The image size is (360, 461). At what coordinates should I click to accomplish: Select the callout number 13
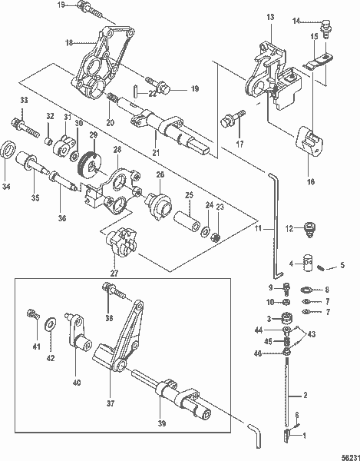click(270, 16)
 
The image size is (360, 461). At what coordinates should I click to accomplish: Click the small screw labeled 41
click(31, 313)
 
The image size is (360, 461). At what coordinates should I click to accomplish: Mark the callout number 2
click(305, 396)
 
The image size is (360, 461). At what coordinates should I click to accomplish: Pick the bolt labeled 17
click(230, 120)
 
